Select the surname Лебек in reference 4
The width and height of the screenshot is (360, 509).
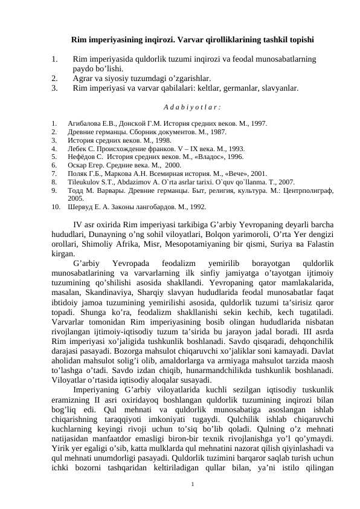click(x=77, y=148)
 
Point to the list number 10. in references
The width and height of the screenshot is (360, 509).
click(x=56, y=206)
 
